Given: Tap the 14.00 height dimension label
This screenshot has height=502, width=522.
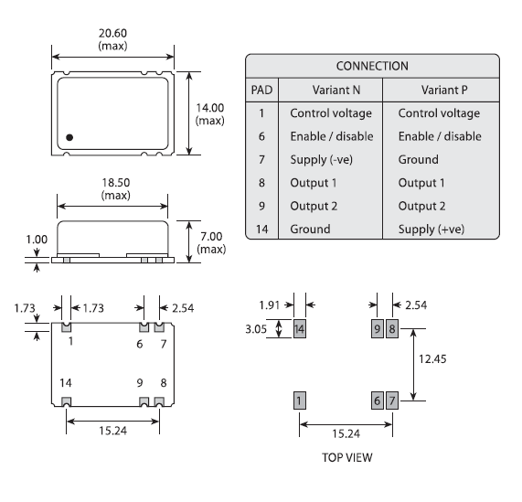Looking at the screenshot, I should pos(210,114).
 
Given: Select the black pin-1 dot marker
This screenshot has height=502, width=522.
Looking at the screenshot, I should pos(69,139).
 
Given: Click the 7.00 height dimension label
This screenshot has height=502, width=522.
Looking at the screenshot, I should pos(210,242).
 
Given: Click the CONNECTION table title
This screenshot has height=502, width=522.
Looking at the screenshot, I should pos(371,66).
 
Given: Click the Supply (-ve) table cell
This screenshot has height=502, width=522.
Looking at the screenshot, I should pos(325,160).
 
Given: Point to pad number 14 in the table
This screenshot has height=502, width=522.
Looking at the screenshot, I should pos(261,230).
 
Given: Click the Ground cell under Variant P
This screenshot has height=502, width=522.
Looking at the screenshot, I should pos(421,160).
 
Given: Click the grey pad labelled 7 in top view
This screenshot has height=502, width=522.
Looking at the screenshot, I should pos(391,400).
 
